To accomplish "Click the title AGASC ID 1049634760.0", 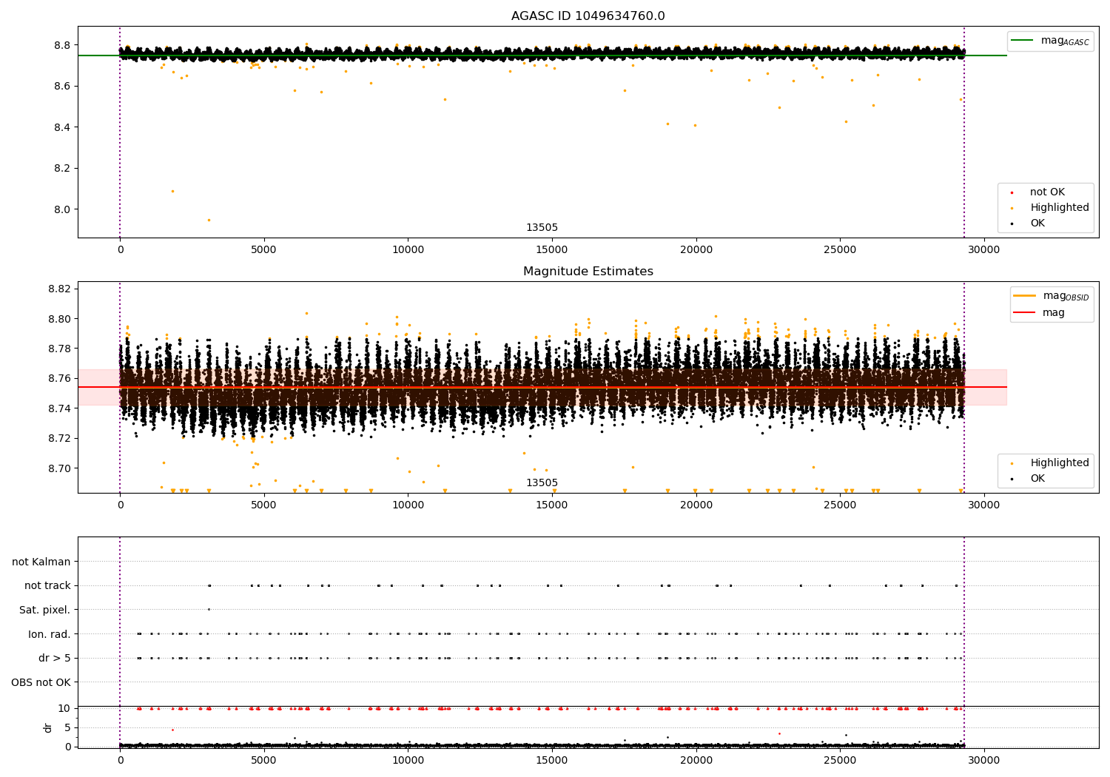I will click(588, 16).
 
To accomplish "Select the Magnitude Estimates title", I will click(588, 272).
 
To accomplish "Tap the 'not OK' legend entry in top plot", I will click(1046, 192).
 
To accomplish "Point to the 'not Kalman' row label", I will click(41, 562).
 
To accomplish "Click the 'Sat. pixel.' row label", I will click(44, 610).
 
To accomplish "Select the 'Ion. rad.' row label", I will click(49, 634).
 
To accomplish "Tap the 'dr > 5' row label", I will click(54, 658).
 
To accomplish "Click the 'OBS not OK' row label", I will click(41, 682).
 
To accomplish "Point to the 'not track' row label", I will click(47, 585).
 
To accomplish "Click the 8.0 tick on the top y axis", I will click(61, 209).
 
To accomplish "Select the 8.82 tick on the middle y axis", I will click(58, 289).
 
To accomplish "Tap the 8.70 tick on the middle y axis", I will click(58, 468).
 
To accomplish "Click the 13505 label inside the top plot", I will click(542, 228).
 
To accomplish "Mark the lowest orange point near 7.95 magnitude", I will click(209, 220).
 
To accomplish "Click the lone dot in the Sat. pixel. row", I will click(209, 609).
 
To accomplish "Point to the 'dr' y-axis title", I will click(48, 727).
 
